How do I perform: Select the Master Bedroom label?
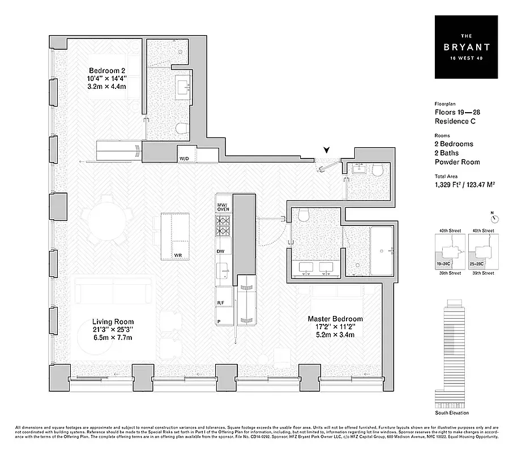tap(335, 319)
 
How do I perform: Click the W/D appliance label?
tap(184, 158)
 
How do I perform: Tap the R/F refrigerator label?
tap(220, 304)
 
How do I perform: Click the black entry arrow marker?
tap(326, 150)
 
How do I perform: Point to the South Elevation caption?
tap(452, 413)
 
